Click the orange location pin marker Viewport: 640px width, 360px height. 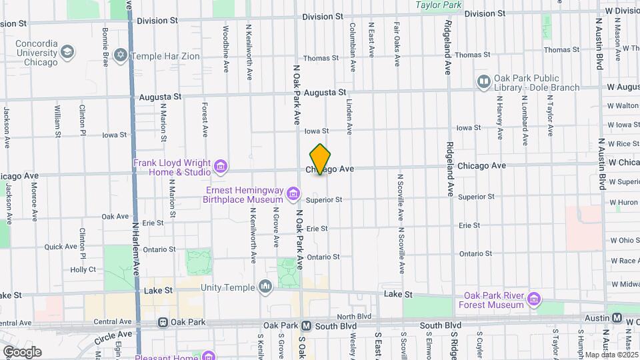coord(321,159)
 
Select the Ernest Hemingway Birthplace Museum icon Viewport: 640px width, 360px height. coord(293,194)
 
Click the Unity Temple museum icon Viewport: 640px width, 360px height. coord(265,287)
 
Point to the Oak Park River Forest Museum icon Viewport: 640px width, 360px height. coord(533,299)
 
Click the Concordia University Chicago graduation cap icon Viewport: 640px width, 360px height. coord(67,51)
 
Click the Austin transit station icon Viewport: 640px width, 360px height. coord(617,319)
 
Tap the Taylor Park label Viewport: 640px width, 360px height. coord(439,5)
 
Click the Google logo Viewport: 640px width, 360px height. coord(22,351)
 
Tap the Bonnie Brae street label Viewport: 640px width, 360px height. coord(105,41)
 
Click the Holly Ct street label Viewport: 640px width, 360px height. coord(83,269)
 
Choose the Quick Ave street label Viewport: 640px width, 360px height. coord(60,247)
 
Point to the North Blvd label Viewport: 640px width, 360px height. coord(354,316)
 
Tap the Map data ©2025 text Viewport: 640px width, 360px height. coord(609,353)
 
